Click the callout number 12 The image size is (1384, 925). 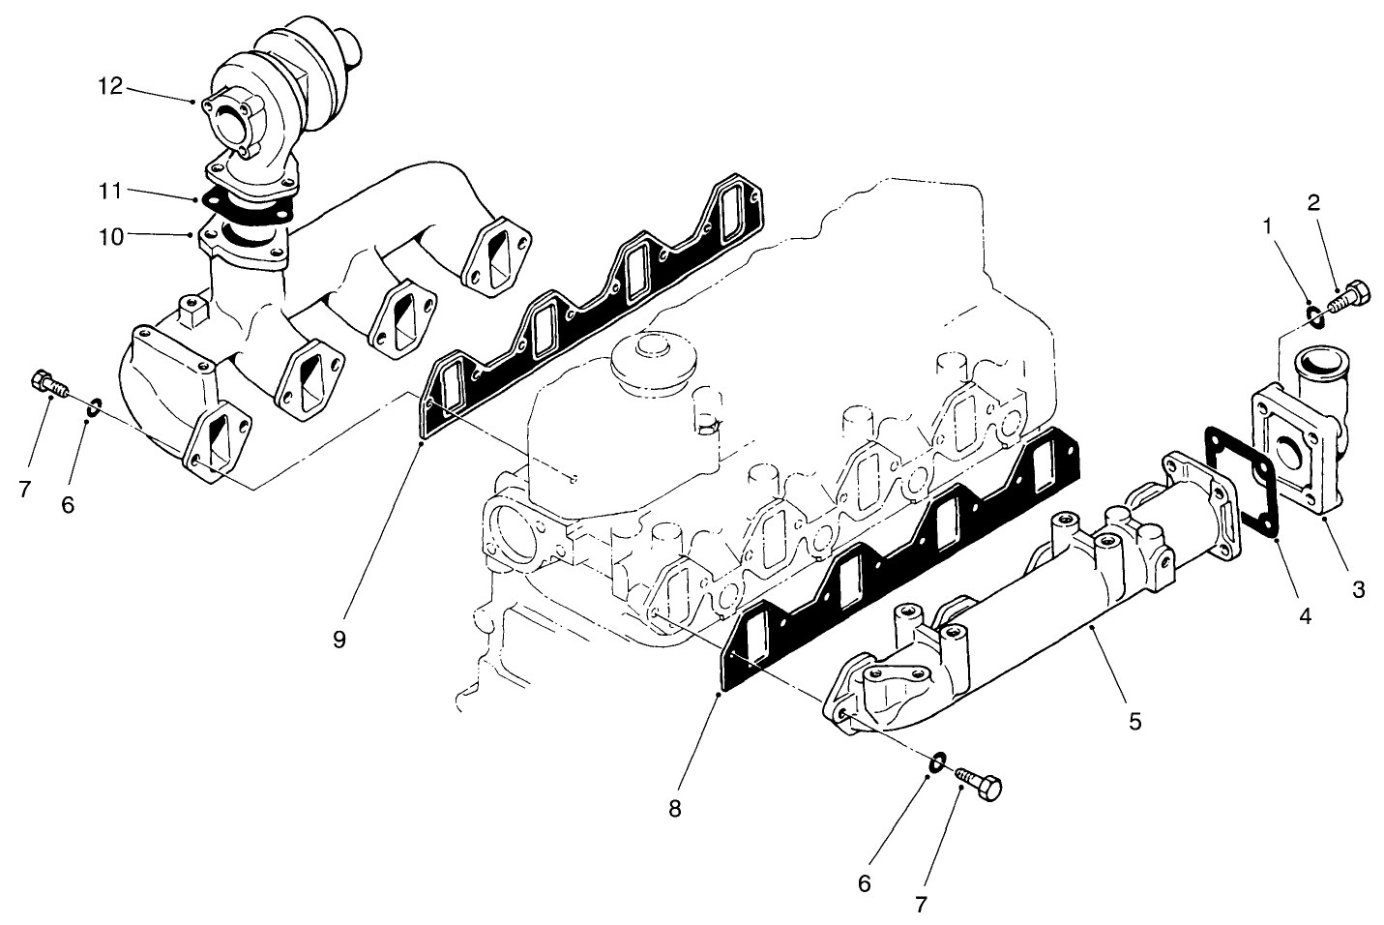click(109, 86)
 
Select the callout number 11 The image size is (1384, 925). click(109, 191)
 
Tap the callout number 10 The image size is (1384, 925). click(111, 235)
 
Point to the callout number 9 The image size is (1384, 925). click(339, 640)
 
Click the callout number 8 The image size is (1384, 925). click(674, 809)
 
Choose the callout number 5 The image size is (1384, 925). click(1135, 721)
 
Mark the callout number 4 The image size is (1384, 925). click(1305, 614)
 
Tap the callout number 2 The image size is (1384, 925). click(1313, 202)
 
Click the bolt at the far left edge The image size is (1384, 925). click(48, 384)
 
